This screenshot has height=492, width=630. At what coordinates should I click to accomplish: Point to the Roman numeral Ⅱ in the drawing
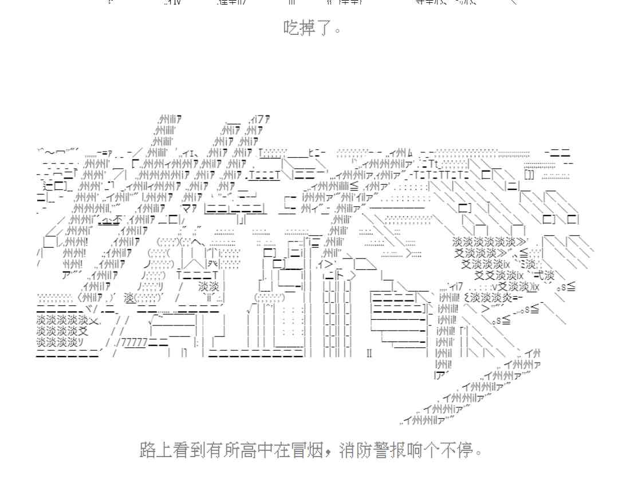tap(369, 353)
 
